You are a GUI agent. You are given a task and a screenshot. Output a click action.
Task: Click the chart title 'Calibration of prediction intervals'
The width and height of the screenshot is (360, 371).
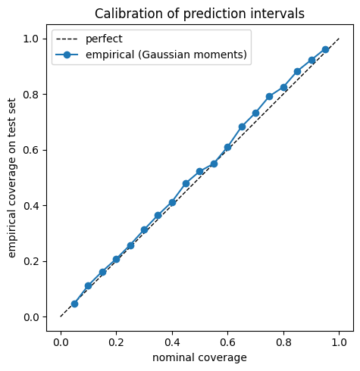[199, 14]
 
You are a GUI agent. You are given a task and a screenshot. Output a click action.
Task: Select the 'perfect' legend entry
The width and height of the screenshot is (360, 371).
[89, 39]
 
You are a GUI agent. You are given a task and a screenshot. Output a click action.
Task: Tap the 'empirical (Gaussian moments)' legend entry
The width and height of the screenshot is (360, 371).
[151, 55]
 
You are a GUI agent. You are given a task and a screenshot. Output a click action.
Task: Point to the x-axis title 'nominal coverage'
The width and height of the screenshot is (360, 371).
[199, 357]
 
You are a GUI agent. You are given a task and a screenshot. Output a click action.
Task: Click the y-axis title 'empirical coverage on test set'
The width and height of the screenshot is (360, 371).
[11, 178]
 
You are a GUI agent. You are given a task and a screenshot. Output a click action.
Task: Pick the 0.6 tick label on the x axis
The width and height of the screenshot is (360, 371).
[227, 342]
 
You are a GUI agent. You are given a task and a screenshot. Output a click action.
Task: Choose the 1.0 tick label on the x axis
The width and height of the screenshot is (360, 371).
[339, 342]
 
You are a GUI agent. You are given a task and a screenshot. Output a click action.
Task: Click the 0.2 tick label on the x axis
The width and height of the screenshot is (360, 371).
[116, 342]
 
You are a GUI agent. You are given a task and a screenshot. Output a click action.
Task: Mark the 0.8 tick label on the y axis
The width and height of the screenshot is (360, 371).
[31, 95]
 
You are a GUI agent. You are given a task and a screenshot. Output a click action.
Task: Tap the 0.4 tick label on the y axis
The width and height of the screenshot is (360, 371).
[31, 206]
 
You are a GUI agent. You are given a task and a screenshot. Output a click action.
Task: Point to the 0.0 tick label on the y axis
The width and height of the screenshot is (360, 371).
[31, 317]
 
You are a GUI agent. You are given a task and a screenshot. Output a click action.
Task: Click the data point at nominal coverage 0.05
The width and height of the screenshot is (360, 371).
[74, 304]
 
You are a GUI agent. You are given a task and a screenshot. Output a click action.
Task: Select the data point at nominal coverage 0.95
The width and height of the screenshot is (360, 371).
[325, 49]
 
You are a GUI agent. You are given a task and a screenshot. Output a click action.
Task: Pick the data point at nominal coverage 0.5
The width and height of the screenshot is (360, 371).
[200, 172]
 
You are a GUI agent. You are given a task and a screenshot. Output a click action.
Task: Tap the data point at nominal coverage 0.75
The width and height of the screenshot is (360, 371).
[270, 96]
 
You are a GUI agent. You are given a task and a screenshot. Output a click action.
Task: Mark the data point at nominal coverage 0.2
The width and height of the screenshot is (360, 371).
[116, 259]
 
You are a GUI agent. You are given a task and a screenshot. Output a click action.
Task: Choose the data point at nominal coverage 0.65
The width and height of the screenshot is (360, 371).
[242, 126]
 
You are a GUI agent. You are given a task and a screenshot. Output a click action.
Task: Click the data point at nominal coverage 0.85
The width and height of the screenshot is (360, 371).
[297, 72]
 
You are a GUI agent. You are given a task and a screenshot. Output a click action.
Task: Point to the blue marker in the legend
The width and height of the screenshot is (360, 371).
[67, 55]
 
